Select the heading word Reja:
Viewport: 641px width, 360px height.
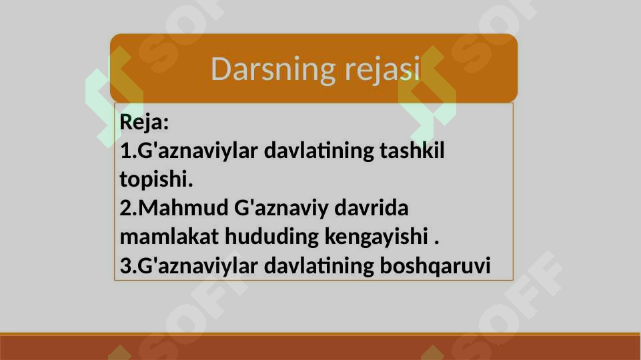[x=144, y=123]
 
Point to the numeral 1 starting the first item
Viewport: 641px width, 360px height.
[x=125, y=151]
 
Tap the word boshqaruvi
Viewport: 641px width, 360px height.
[x=434, y=266]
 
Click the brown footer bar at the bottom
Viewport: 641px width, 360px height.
[x=320, y=347]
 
